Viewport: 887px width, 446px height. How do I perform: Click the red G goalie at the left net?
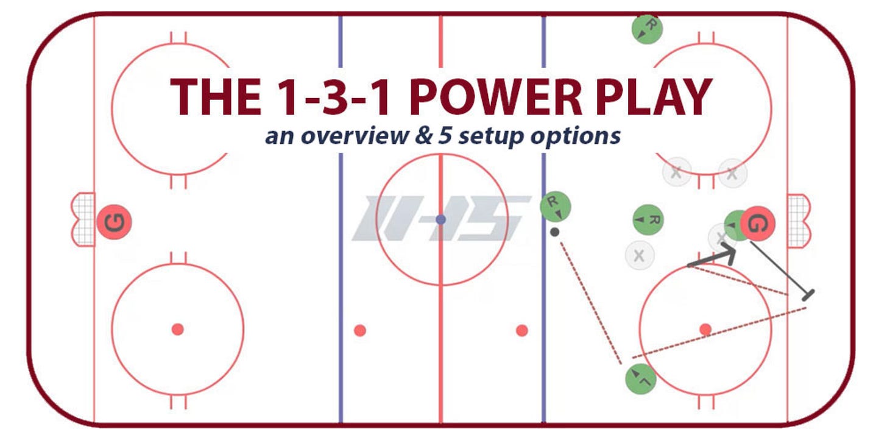(114, 222)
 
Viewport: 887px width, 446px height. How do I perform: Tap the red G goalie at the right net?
(757, 224)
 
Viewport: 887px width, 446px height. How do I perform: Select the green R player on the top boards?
(647, 28)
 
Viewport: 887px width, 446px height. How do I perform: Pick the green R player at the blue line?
(556, 207)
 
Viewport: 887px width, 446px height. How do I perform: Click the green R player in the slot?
(648, 219)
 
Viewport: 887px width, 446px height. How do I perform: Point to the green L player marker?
(641, 378)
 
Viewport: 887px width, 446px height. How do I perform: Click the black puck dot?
(554, 232)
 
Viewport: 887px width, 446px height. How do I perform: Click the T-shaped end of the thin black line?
(808, 296)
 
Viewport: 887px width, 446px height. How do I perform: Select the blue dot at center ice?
(441, 219)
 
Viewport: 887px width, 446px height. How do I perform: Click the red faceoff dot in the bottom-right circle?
(705, 330)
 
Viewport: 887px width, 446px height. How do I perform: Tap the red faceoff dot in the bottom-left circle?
(177, 330)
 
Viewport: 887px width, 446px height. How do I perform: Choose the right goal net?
(799, 220)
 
